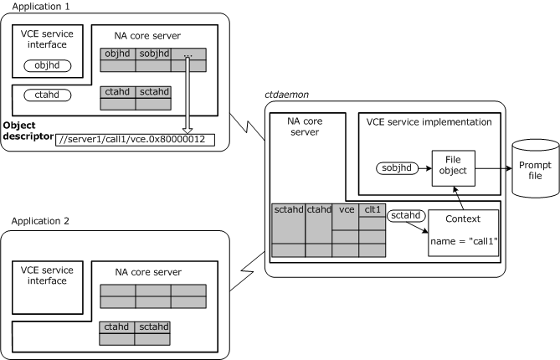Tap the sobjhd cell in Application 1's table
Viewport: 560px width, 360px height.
[152, 54]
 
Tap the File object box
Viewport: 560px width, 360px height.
[448, 170]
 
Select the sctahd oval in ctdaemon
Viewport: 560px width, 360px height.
[407, 215]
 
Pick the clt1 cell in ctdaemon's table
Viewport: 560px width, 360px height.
[372, 209]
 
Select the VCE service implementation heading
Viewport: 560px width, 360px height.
[428, 123]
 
